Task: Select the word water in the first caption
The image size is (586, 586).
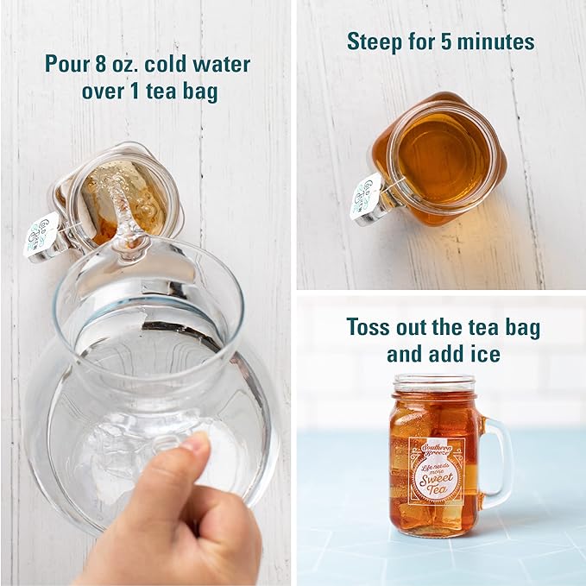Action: click(222, 65)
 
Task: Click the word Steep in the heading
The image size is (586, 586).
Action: click(373, 41)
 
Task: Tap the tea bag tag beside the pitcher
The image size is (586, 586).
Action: click(41, 235)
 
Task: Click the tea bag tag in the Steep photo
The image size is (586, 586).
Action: click(365, 198)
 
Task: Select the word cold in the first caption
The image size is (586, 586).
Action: click(177, 65)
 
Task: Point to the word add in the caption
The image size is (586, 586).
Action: click(450, 354)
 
